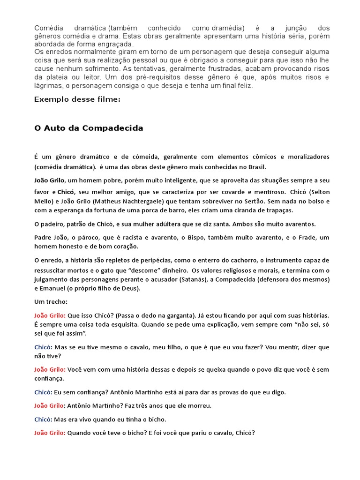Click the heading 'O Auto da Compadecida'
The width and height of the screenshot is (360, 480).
[x=89, y=128]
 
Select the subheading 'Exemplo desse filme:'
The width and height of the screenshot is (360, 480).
[x=77, y=99]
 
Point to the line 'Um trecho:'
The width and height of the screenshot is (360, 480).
[x=51, y=301]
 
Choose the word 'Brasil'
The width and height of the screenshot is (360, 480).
[x=256, y=167]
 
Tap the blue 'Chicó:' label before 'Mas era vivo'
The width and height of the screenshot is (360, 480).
[x=43, y=419]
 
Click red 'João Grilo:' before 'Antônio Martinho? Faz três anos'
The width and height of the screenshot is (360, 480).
[x=50, y=405]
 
